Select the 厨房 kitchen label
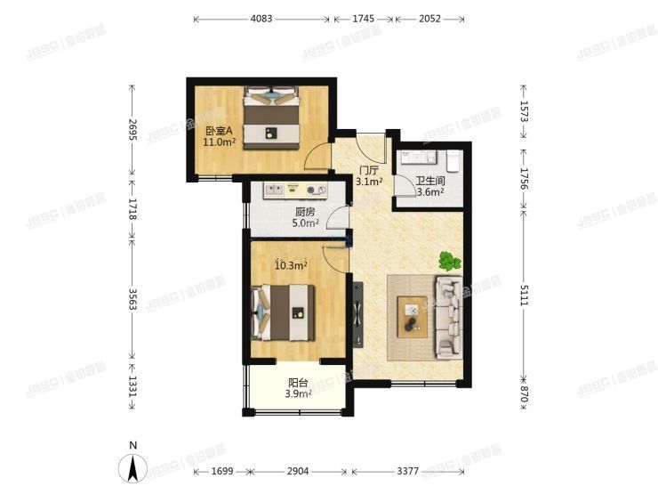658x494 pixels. coord(306,212)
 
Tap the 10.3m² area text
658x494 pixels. coord(291,264)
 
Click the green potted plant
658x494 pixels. coord(449,262)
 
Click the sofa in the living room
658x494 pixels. coord(448,316)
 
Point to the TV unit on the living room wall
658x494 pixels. coord(357,316)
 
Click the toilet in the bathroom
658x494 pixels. coord(452,160)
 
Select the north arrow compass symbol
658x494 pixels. coord(132,466)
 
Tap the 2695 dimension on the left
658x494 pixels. coord(132,130)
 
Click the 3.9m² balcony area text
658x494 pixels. coord(298,394)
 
